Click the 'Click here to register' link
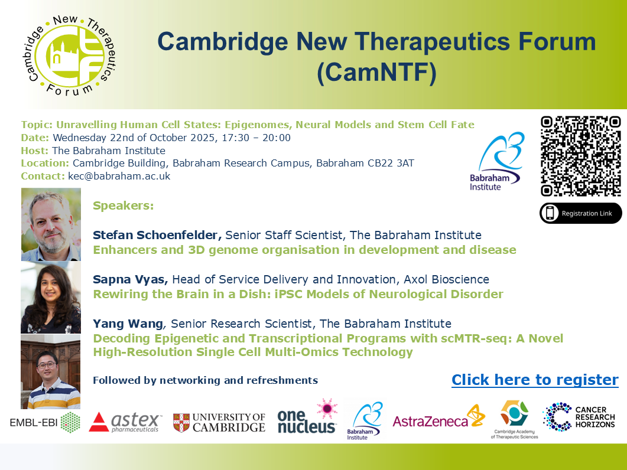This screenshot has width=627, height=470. click(535, 380)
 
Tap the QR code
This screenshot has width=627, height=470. click(581, 156)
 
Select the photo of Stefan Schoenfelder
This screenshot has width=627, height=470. click(51, 224)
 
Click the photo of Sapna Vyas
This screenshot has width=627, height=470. click(51, 298)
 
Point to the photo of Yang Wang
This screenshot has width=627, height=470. click(51, 371)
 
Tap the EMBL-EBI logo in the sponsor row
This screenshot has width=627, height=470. click(45, 422)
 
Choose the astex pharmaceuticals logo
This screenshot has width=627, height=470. click(125, 422)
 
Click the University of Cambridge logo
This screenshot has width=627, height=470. click(219, 422)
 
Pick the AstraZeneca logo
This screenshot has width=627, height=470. click(438, 420)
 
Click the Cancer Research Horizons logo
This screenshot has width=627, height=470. click(579, 417)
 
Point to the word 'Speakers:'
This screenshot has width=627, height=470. click(123, 205)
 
